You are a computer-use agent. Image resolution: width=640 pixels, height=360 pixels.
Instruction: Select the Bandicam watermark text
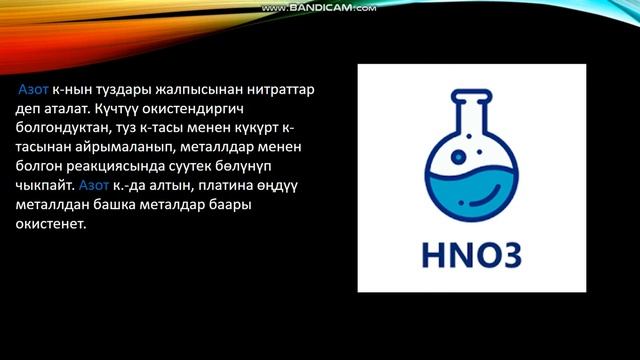coord(319,8)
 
